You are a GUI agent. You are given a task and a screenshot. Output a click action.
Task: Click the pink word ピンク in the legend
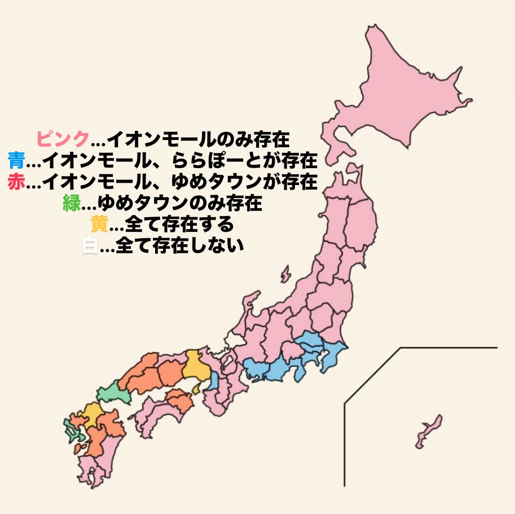click(x=63, y=138)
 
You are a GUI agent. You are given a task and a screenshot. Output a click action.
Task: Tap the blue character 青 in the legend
click(x=16, y=160)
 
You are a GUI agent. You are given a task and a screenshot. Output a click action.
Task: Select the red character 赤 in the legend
click(x=16, y=182)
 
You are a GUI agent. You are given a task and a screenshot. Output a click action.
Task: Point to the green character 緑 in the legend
click(x=72, y=203)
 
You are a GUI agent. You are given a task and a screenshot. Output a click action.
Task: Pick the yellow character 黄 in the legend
click(x=99, y=225)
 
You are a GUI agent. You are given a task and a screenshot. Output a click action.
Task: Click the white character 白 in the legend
click(x=89, y=247)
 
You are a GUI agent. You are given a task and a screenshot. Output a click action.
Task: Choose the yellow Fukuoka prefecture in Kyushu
click(x=91, y=414)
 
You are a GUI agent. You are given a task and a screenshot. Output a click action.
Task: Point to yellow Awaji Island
click(x=195, y=389)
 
